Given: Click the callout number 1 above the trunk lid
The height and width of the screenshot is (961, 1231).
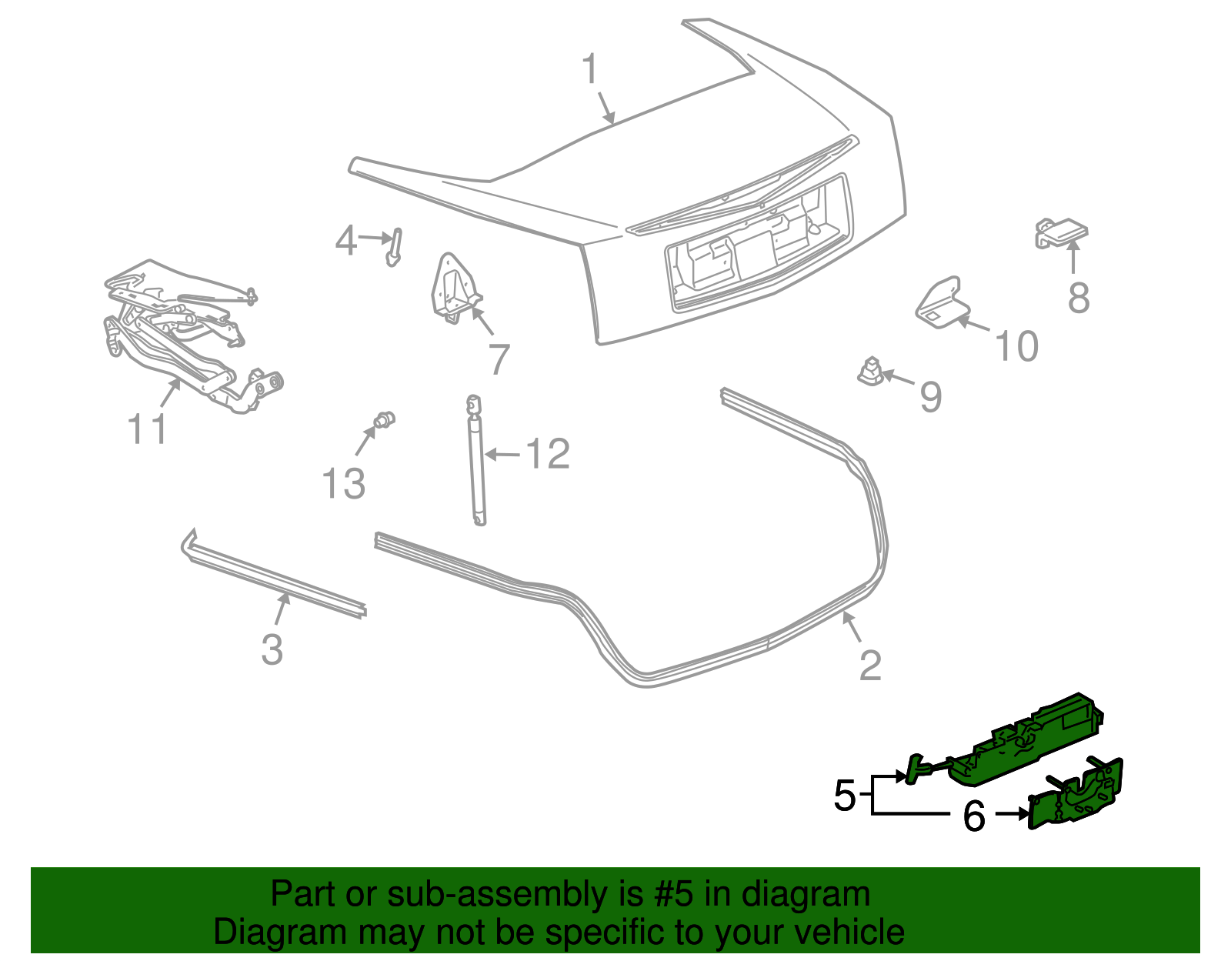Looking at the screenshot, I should click(590, 70).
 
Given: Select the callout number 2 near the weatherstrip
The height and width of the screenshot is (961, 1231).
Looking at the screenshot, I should click(869, 666).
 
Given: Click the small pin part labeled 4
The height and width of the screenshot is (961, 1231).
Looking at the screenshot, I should click(395, 246).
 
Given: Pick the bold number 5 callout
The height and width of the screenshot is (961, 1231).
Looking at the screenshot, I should click(844, 796).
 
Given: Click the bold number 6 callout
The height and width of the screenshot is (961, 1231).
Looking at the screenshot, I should click(973, 816).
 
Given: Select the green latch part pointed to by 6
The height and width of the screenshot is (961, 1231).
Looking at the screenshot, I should click(1077, 796).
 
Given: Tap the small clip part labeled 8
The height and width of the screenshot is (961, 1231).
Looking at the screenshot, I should click(1061, 232).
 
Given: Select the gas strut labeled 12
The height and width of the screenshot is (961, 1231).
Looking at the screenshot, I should click(477, 462).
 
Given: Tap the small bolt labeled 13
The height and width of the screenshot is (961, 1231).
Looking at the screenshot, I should click(383, 420).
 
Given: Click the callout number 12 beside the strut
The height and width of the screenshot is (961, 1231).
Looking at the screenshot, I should click(547, 455).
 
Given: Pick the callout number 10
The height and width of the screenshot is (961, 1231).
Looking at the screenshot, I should click(1016, 347).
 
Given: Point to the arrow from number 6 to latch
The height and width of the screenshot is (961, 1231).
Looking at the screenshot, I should click(1011, 813).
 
